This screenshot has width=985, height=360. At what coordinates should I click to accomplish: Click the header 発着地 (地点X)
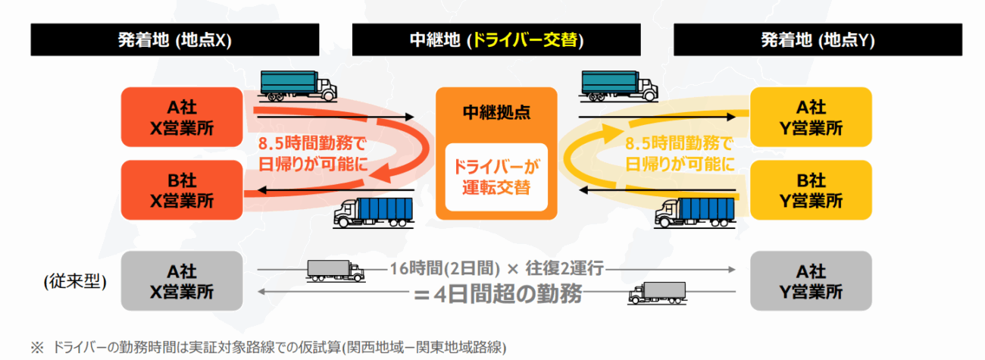click(x=174, y=40)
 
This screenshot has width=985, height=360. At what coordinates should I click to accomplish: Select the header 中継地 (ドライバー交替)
click(x=496, y=40)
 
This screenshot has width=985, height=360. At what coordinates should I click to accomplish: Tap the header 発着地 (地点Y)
click(x=818, y=40)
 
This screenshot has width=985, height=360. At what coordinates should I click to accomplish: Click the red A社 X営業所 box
click(x=182, y=118)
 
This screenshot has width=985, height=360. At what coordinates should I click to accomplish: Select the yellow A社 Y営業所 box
click(x=810, y=118)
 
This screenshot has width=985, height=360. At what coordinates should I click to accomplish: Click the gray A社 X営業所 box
click(x=182, y=281)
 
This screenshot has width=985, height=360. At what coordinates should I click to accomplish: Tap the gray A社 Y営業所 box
click(x=810, y=281)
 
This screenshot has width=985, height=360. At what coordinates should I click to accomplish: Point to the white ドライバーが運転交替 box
click(x=496, y=175)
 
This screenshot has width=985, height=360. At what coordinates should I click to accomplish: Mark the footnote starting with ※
click(x=268, y=347)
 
